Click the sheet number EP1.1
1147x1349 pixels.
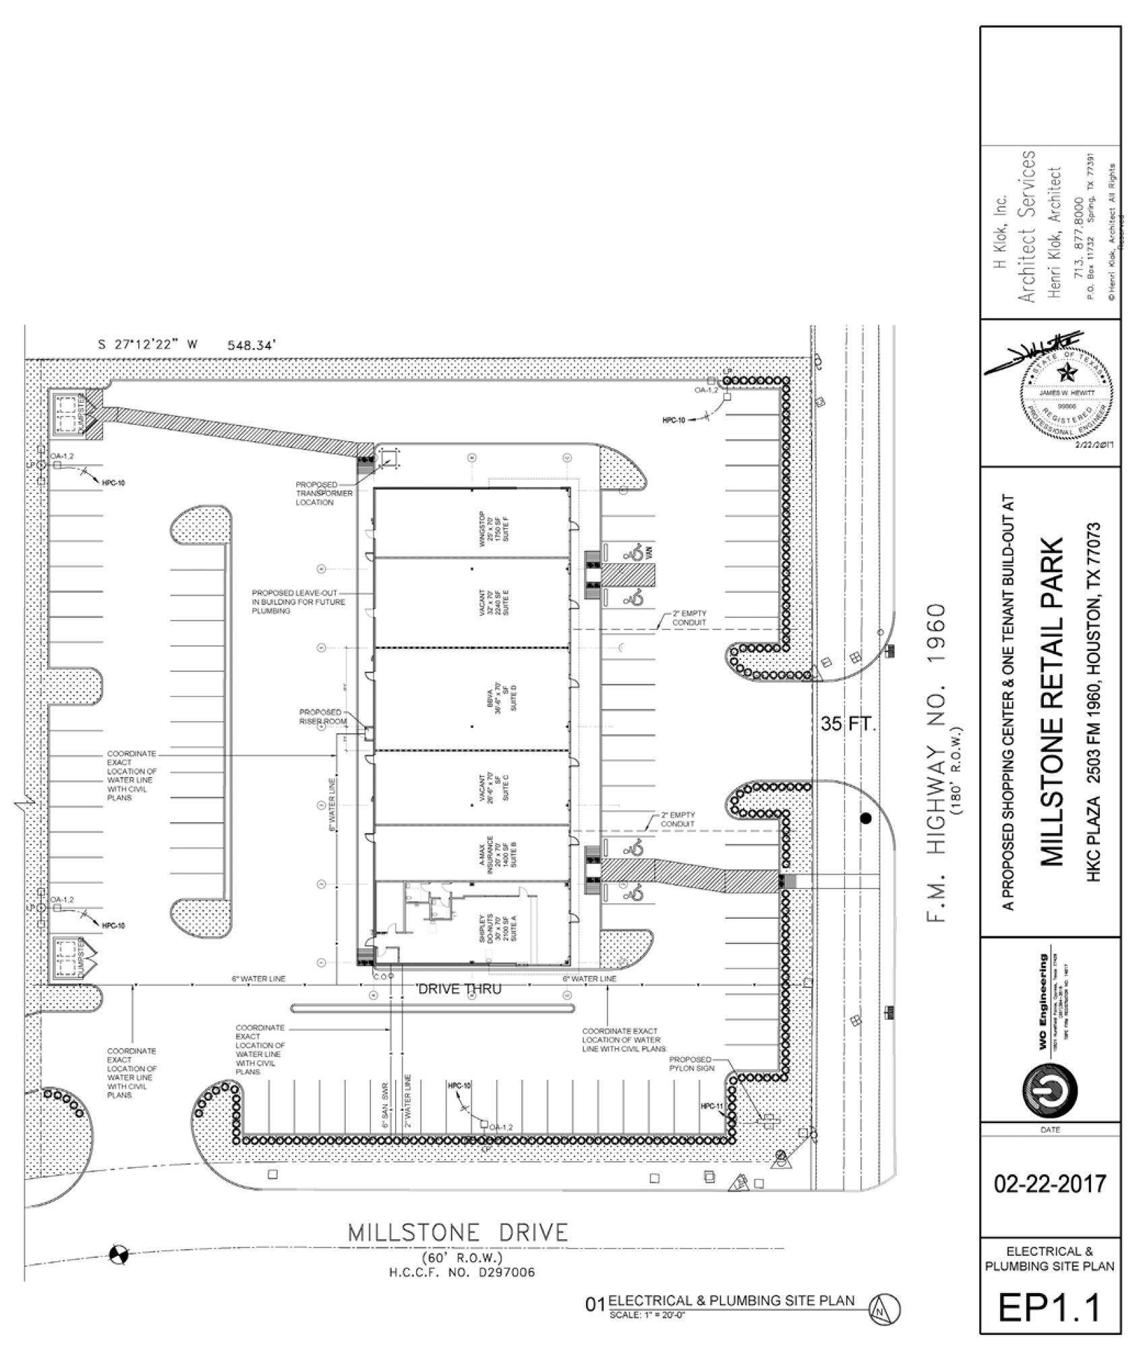tap(1049, 1307)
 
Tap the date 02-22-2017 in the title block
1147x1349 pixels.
tap(1050, 1184)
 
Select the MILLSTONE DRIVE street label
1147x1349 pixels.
tap(458, 1232)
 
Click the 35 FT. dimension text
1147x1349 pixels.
tap(848, 725)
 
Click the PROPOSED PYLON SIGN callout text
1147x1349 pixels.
tap(690, 1064)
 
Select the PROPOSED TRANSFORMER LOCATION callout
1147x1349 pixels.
tap(324, 493)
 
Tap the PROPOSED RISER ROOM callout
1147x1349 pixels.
tap(322, 716)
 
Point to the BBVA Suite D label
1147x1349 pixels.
tap(498, 697)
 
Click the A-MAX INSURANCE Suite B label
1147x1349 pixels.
tap(498, 852)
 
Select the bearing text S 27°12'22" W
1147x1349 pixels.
tap(148, 345)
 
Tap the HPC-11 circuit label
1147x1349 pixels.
tap(711, 1106)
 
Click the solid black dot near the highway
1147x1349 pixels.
tap(866, 819)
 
